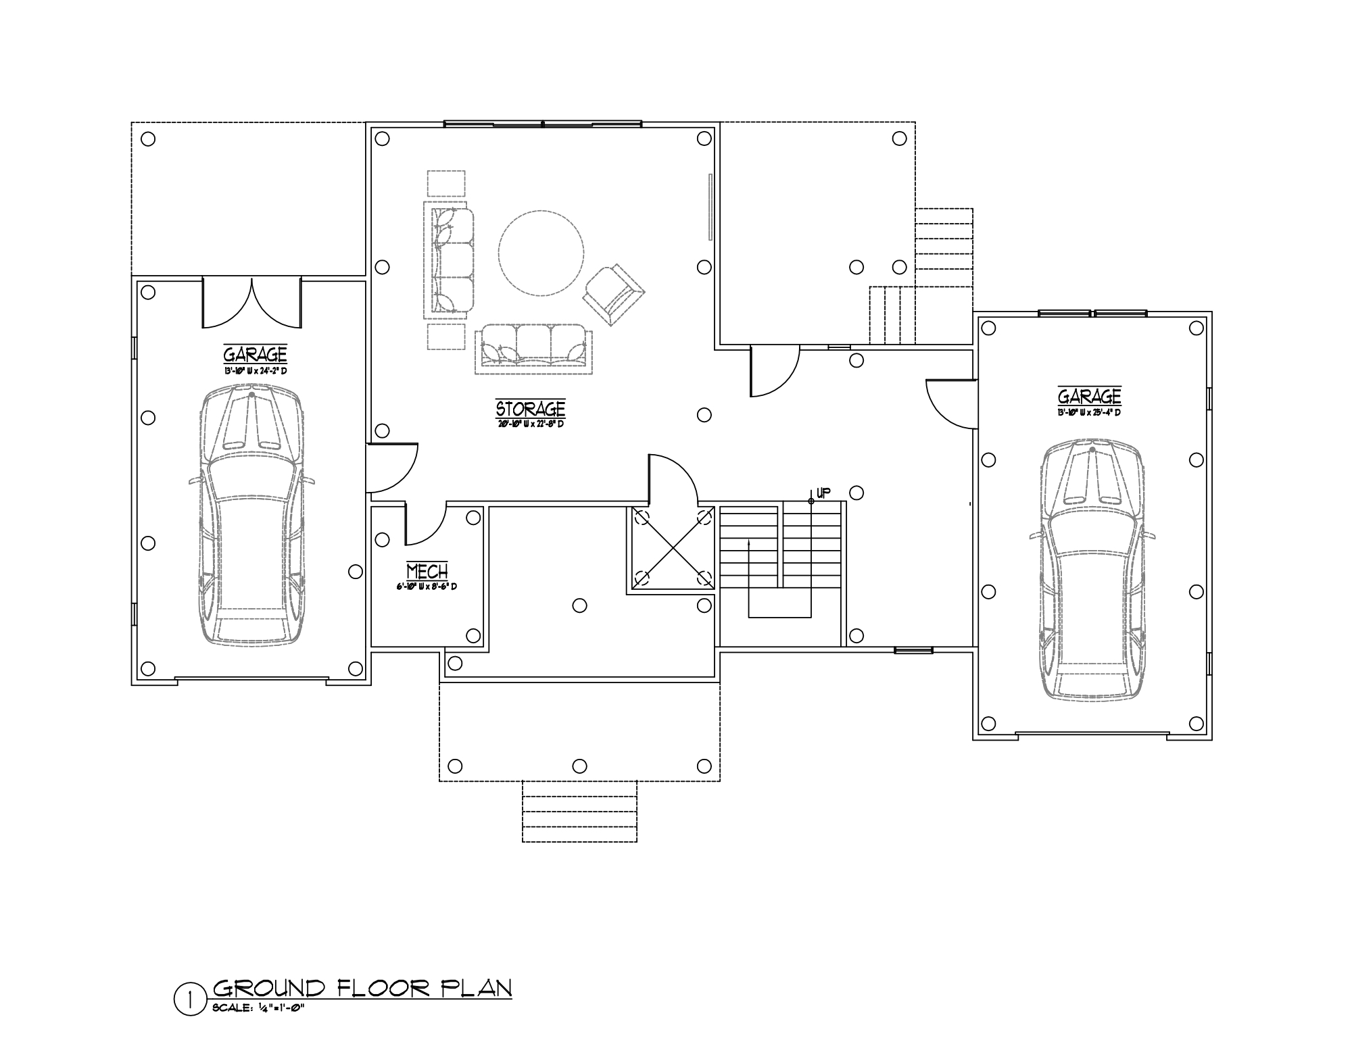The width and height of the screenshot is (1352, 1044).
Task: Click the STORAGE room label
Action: (530, 409)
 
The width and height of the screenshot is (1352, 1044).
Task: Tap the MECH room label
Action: (427, 572)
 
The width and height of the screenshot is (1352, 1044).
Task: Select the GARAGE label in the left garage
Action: (255, 354)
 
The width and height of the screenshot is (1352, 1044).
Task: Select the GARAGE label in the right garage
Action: (1089, 395)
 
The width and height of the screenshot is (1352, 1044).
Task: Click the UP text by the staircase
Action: (823, 493)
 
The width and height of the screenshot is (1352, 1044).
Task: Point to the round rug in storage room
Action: (541, 253)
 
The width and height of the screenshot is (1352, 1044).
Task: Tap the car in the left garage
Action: (251, 517)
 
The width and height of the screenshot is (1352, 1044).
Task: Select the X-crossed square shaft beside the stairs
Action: (672, 548)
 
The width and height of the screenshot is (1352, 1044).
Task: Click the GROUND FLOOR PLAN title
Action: (362, 988)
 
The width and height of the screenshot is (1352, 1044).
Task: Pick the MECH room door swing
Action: (424, 524)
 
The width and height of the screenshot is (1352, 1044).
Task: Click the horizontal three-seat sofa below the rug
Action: (533, 347)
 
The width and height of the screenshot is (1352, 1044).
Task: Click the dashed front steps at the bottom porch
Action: (579, 811)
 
